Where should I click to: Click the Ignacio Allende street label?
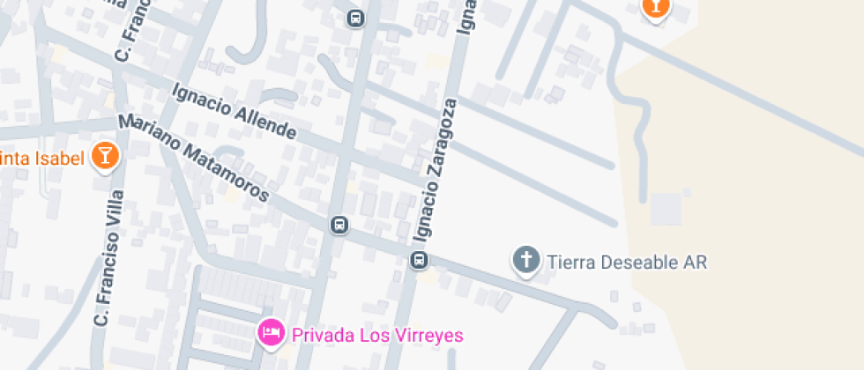(234, 111)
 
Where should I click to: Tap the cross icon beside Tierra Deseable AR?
(526, 260)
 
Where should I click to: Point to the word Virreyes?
(432, 335)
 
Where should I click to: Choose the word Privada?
(321, 335)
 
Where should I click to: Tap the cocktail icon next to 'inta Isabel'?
(106, 156)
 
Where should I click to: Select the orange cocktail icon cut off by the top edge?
(655, 8)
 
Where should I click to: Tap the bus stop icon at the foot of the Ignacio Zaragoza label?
(420, 260)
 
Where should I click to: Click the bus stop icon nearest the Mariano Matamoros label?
(339, 225)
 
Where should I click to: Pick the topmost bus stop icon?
(355, 18)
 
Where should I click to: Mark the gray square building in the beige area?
(667, 209)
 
